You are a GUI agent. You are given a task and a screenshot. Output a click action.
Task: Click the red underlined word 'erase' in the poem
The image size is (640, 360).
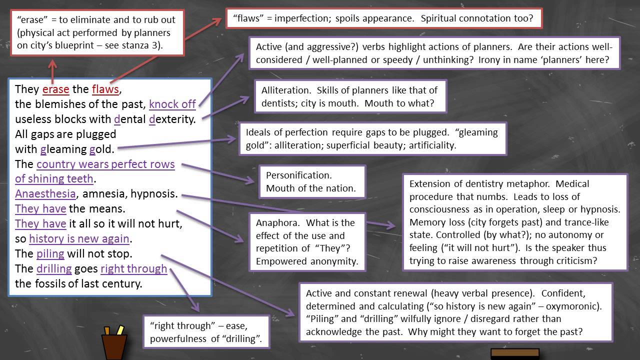coord(55,89)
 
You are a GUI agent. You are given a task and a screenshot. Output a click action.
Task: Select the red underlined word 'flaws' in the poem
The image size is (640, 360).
coord(105,89)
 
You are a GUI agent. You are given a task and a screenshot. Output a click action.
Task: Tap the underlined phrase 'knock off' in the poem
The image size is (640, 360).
coord(172,104)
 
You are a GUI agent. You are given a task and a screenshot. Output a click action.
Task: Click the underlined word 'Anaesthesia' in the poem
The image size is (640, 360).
coord(45,193)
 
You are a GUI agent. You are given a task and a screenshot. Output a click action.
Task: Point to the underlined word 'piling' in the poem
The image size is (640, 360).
coord(50,253)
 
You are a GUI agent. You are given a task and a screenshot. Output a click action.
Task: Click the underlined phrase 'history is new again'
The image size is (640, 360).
coord(79,238)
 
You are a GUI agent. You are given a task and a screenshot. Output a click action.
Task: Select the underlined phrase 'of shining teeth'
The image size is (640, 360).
coord(54,178)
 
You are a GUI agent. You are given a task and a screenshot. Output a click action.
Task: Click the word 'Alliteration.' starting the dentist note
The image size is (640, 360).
coord(283,90)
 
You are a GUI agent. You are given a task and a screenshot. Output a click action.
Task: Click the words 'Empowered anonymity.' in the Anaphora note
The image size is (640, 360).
coord(307,261)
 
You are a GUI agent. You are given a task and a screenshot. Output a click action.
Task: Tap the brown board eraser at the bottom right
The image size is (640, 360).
coord(514,353)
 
